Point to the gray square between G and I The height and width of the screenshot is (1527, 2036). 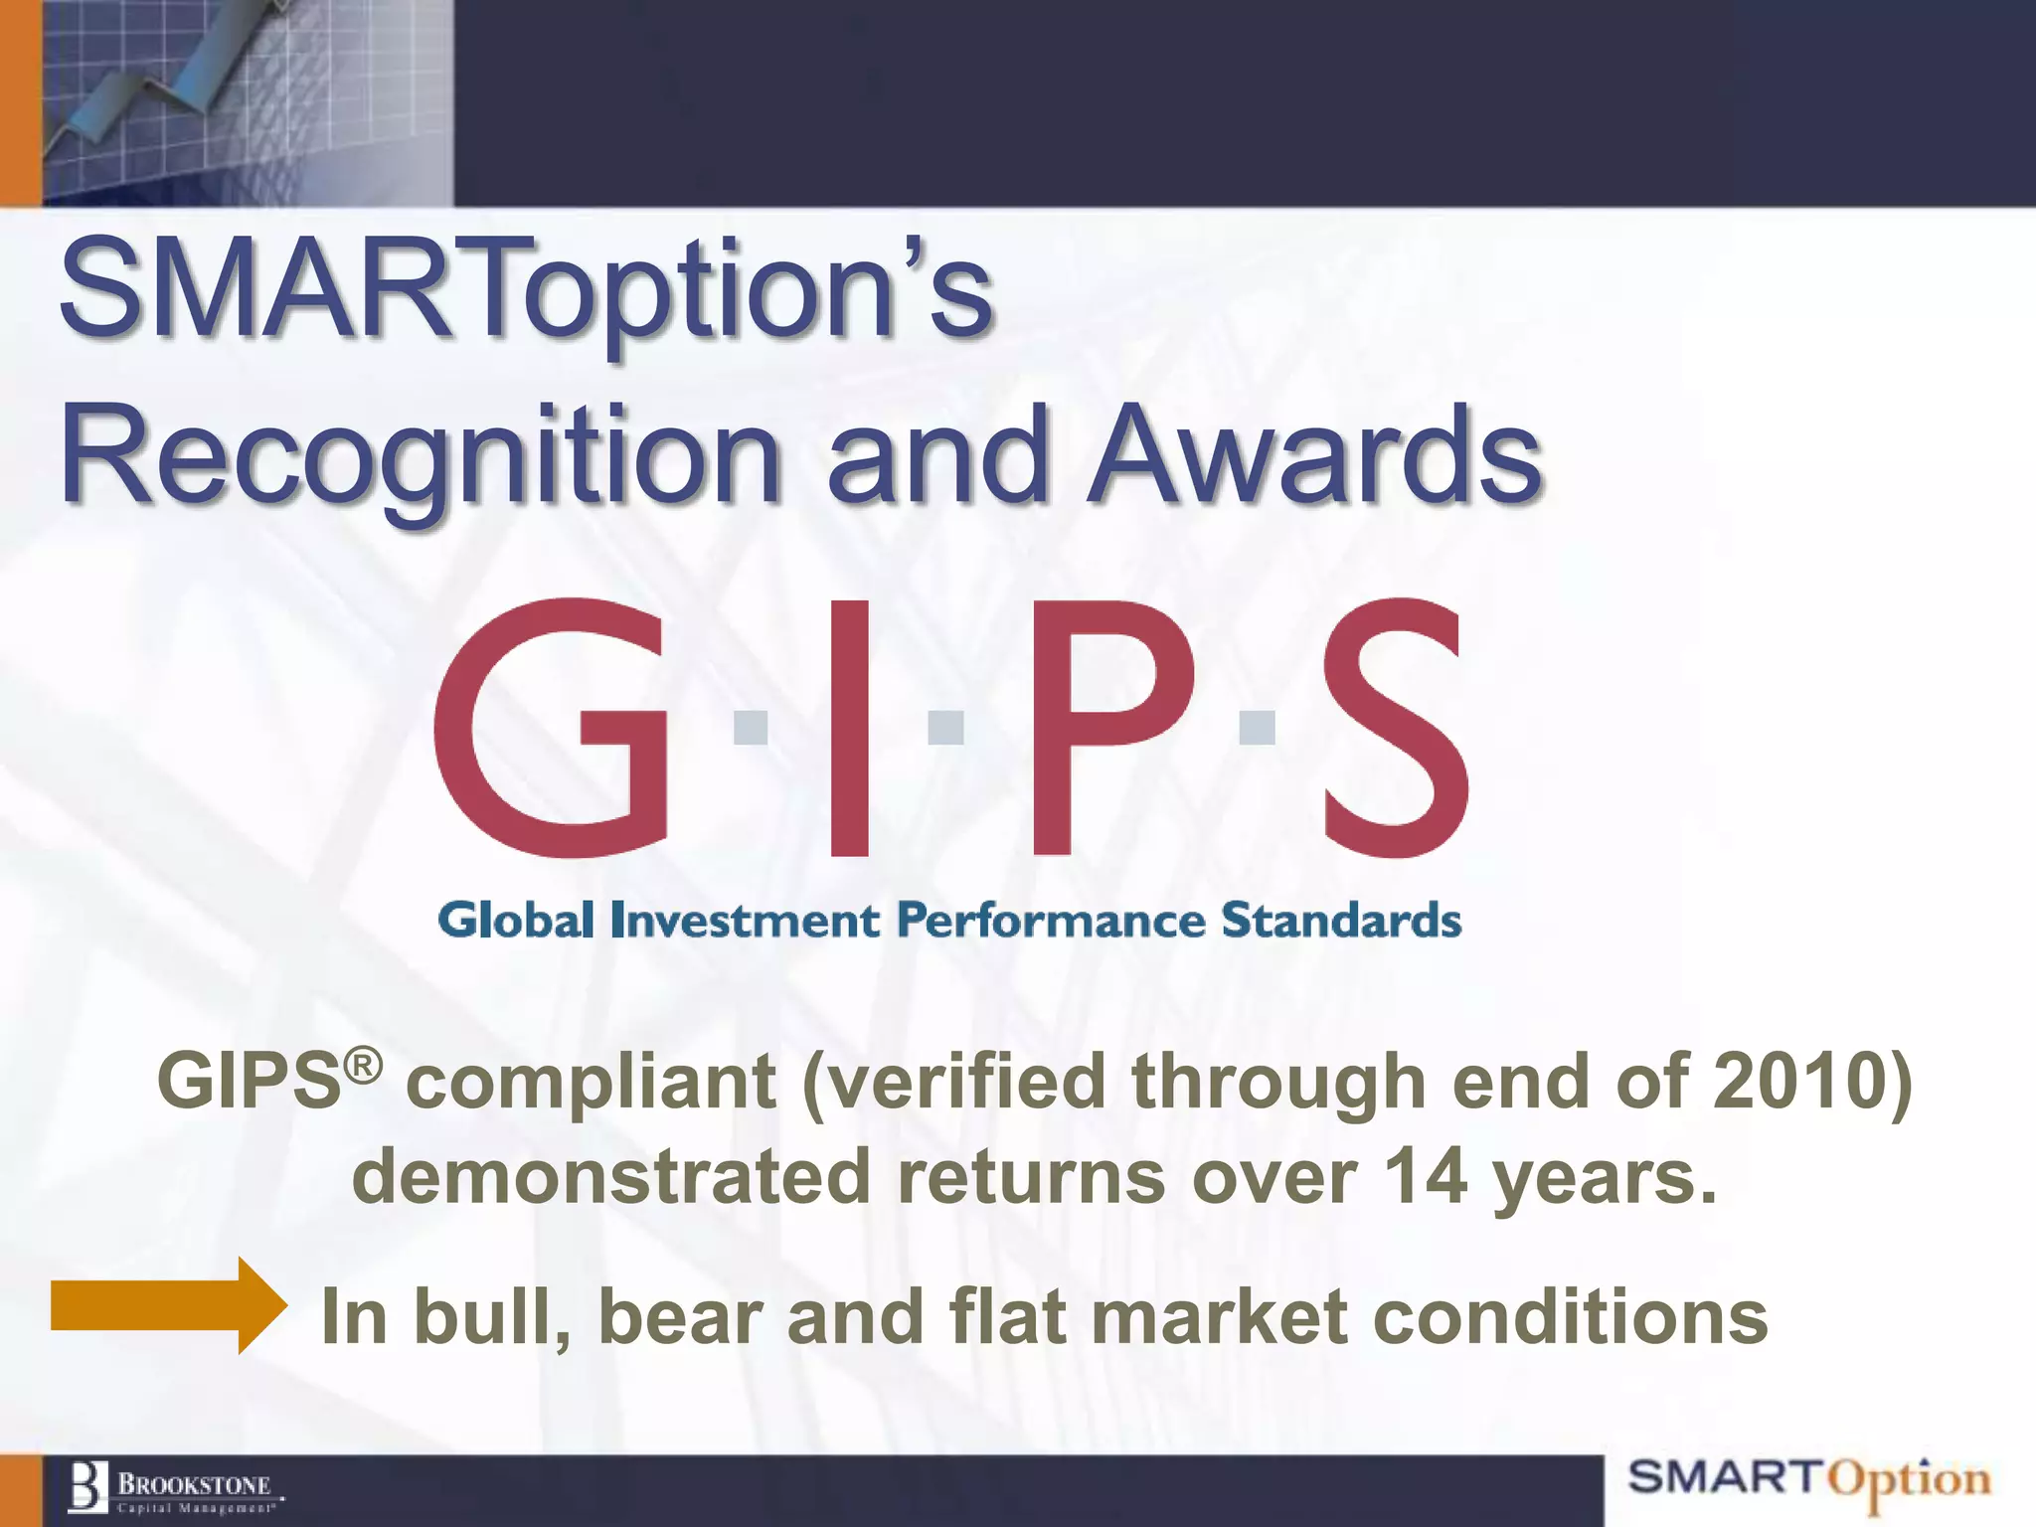point(751,727)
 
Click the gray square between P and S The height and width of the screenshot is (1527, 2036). point(1258,727)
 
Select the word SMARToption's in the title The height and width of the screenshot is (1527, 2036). point(527,290)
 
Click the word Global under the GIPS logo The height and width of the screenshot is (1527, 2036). point(516,921)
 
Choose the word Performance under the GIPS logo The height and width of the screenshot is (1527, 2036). point(1052,921)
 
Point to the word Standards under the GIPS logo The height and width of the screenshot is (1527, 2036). point(1341,921)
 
